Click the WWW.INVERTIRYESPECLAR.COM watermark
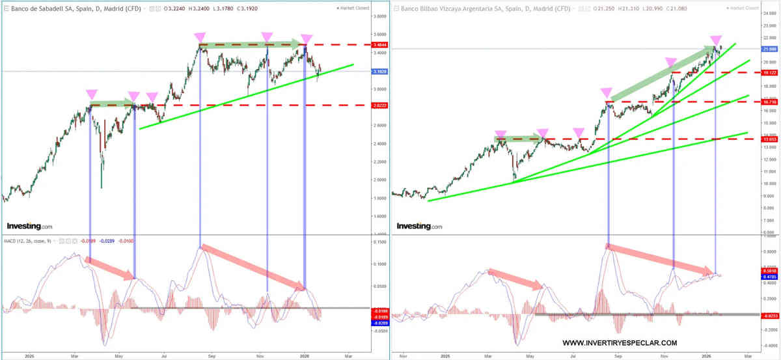(x=619, y=343)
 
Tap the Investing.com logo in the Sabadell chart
(x=29, y=226)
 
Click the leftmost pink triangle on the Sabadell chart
(x=90, y=94)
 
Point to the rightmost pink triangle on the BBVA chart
(x=716, y=40)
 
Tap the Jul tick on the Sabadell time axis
(x=164, y=356)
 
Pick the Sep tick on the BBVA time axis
(x=618, y=356)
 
